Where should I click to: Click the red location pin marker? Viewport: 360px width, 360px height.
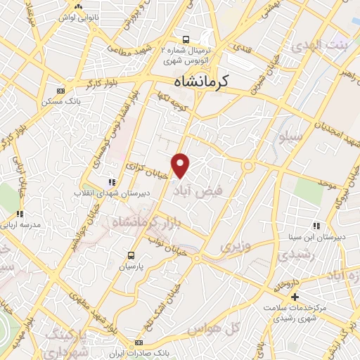(181, 165)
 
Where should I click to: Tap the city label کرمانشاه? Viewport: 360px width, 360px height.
(201, 82)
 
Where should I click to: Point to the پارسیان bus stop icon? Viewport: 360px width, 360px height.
(131, 255)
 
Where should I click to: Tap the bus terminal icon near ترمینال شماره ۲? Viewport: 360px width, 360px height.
(186, 40)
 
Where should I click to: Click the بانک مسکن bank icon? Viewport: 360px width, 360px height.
(60, 90)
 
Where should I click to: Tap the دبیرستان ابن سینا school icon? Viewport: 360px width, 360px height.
(316, 226)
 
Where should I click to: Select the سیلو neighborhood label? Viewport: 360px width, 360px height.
(274, 138)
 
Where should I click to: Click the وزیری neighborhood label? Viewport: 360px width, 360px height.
(236, 247)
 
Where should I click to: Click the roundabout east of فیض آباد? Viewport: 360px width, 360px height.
(248, 166)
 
